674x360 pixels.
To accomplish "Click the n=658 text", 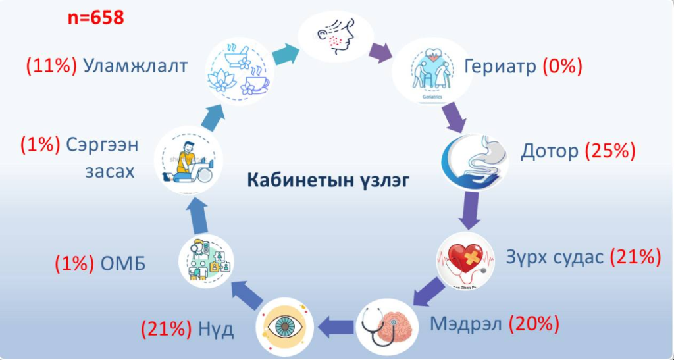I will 96,18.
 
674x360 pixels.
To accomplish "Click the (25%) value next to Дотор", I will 609,151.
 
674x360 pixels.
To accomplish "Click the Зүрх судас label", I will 555,256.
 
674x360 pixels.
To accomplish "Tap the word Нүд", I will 217,328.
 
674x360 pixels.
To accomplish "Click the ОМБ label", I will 123,264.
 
